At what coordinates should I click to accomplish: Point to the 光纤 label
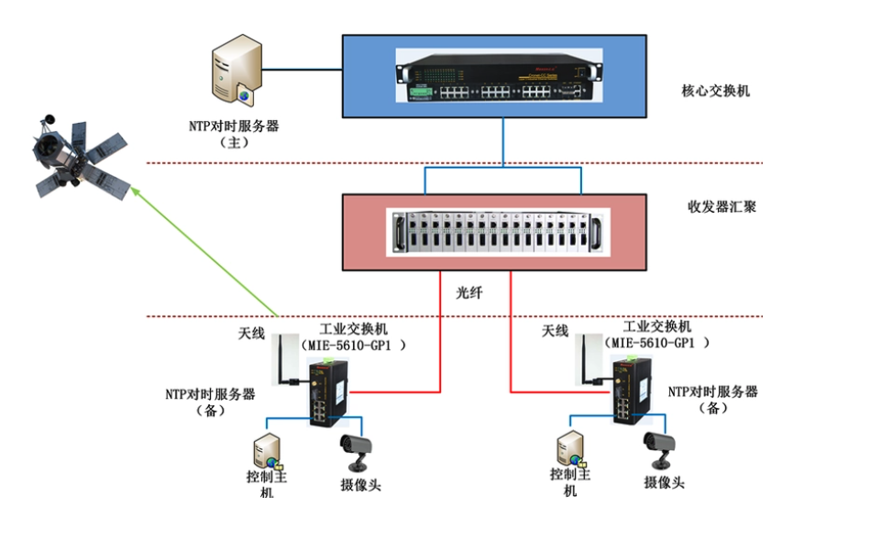[469, 293]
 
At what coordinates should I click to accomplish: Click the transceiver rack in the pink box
[501, 230]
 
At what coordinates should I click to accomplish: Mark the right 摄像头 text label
[664, 482]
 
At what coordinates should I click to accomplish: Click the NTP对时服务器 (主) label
[234, 134]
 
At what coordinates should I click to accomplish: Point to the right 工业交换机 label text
[657, 327]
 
